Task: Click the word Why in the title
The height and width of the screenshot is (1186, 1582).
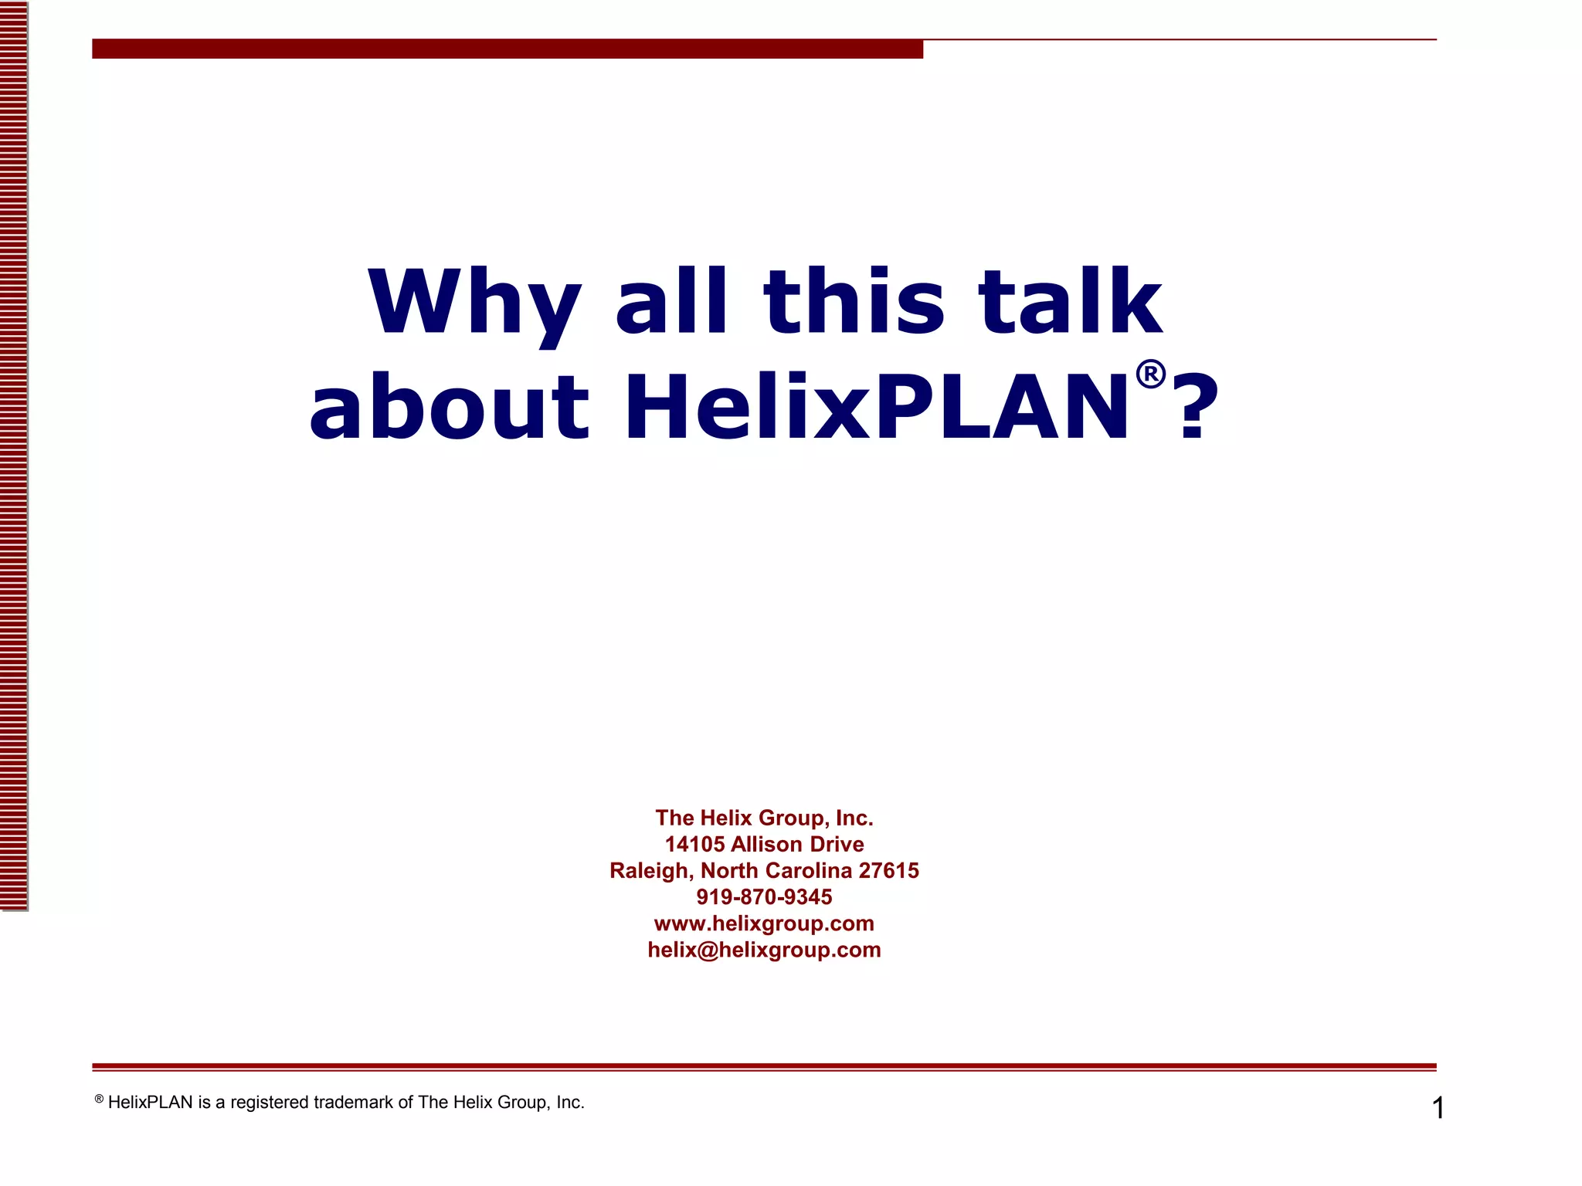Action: click(474, 303)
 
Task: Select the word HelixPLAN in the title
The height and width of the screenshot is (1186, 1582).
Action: click(876, 407)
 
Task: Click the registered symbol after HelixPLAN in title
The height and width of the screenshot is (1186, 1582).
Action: click(1150, 374)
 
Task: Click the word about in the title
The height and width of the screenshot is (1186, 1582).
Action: click(450, 407)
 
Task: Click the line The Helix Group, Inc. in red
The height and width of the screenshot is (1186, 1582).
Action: click(764, 818)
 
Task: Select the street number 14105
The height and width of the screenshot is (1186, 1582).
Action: click(694, 844)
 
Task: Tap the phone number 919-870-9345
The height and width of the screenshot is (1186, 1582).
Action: click(764, 896)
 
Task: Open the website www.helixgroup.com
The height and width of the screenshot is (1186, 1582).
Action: click(764, 923)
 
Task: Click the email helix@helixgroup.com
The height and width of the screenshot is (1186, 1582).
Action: click(764, 950)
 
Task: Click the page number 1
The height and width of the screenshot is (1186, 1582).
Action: click(1438, 1108)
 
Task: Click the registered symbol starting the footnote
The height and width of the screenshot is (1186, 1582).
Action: click(99, 1099)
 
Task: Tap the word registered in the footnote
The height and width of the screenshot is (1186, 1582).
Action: click(270, 1103)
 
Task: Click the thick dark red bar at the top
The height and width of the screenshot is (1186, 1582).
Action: click(507, 49)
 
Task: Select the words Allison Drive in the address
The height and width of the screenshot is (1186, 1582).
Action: click(797, 844)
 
